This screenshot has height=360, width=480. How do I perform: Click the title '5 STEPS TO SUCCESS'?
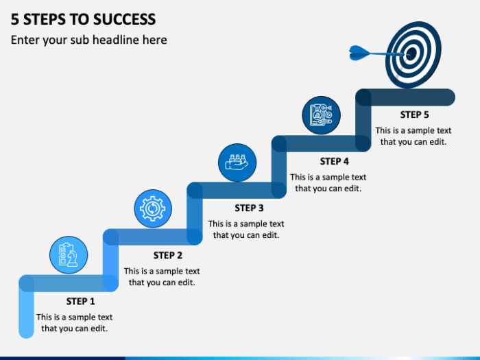(83, 19)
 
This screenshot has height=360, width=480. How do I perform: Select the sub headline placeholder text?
(88, 40)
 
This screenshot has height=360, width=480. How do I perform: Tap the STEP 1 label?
(81, 301)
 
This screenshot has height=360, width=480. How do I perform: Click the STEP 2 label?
(168, 255)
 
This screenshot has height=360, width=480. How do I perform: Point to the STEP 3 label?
(249, 208)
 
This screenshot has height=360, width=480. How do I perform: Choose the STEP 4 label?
(335, 161)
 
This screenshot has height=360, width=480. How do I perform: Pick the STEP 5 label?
(414, 115)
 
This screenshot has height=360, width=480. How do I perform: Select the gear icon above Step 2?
(152, 208)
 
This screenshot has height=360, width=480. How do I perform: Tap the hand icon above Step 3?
(237, 163)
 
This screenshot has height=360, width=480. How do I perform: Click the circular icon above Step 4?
(321, 115)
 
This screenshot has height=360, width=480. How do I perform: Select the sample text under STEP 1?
(75, 323)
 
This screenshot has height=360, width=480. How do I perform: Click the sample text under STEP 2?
(162, 276)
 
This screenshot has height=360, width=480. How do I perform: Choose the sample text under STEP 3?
(246, 229)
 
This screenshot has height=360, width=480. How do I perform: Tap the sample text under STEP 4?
(328, 182)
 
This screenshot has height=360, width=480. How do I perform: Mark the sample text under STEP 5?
(413, 136)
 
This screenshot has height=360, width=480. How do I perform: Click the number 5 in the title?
(14, 19)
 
